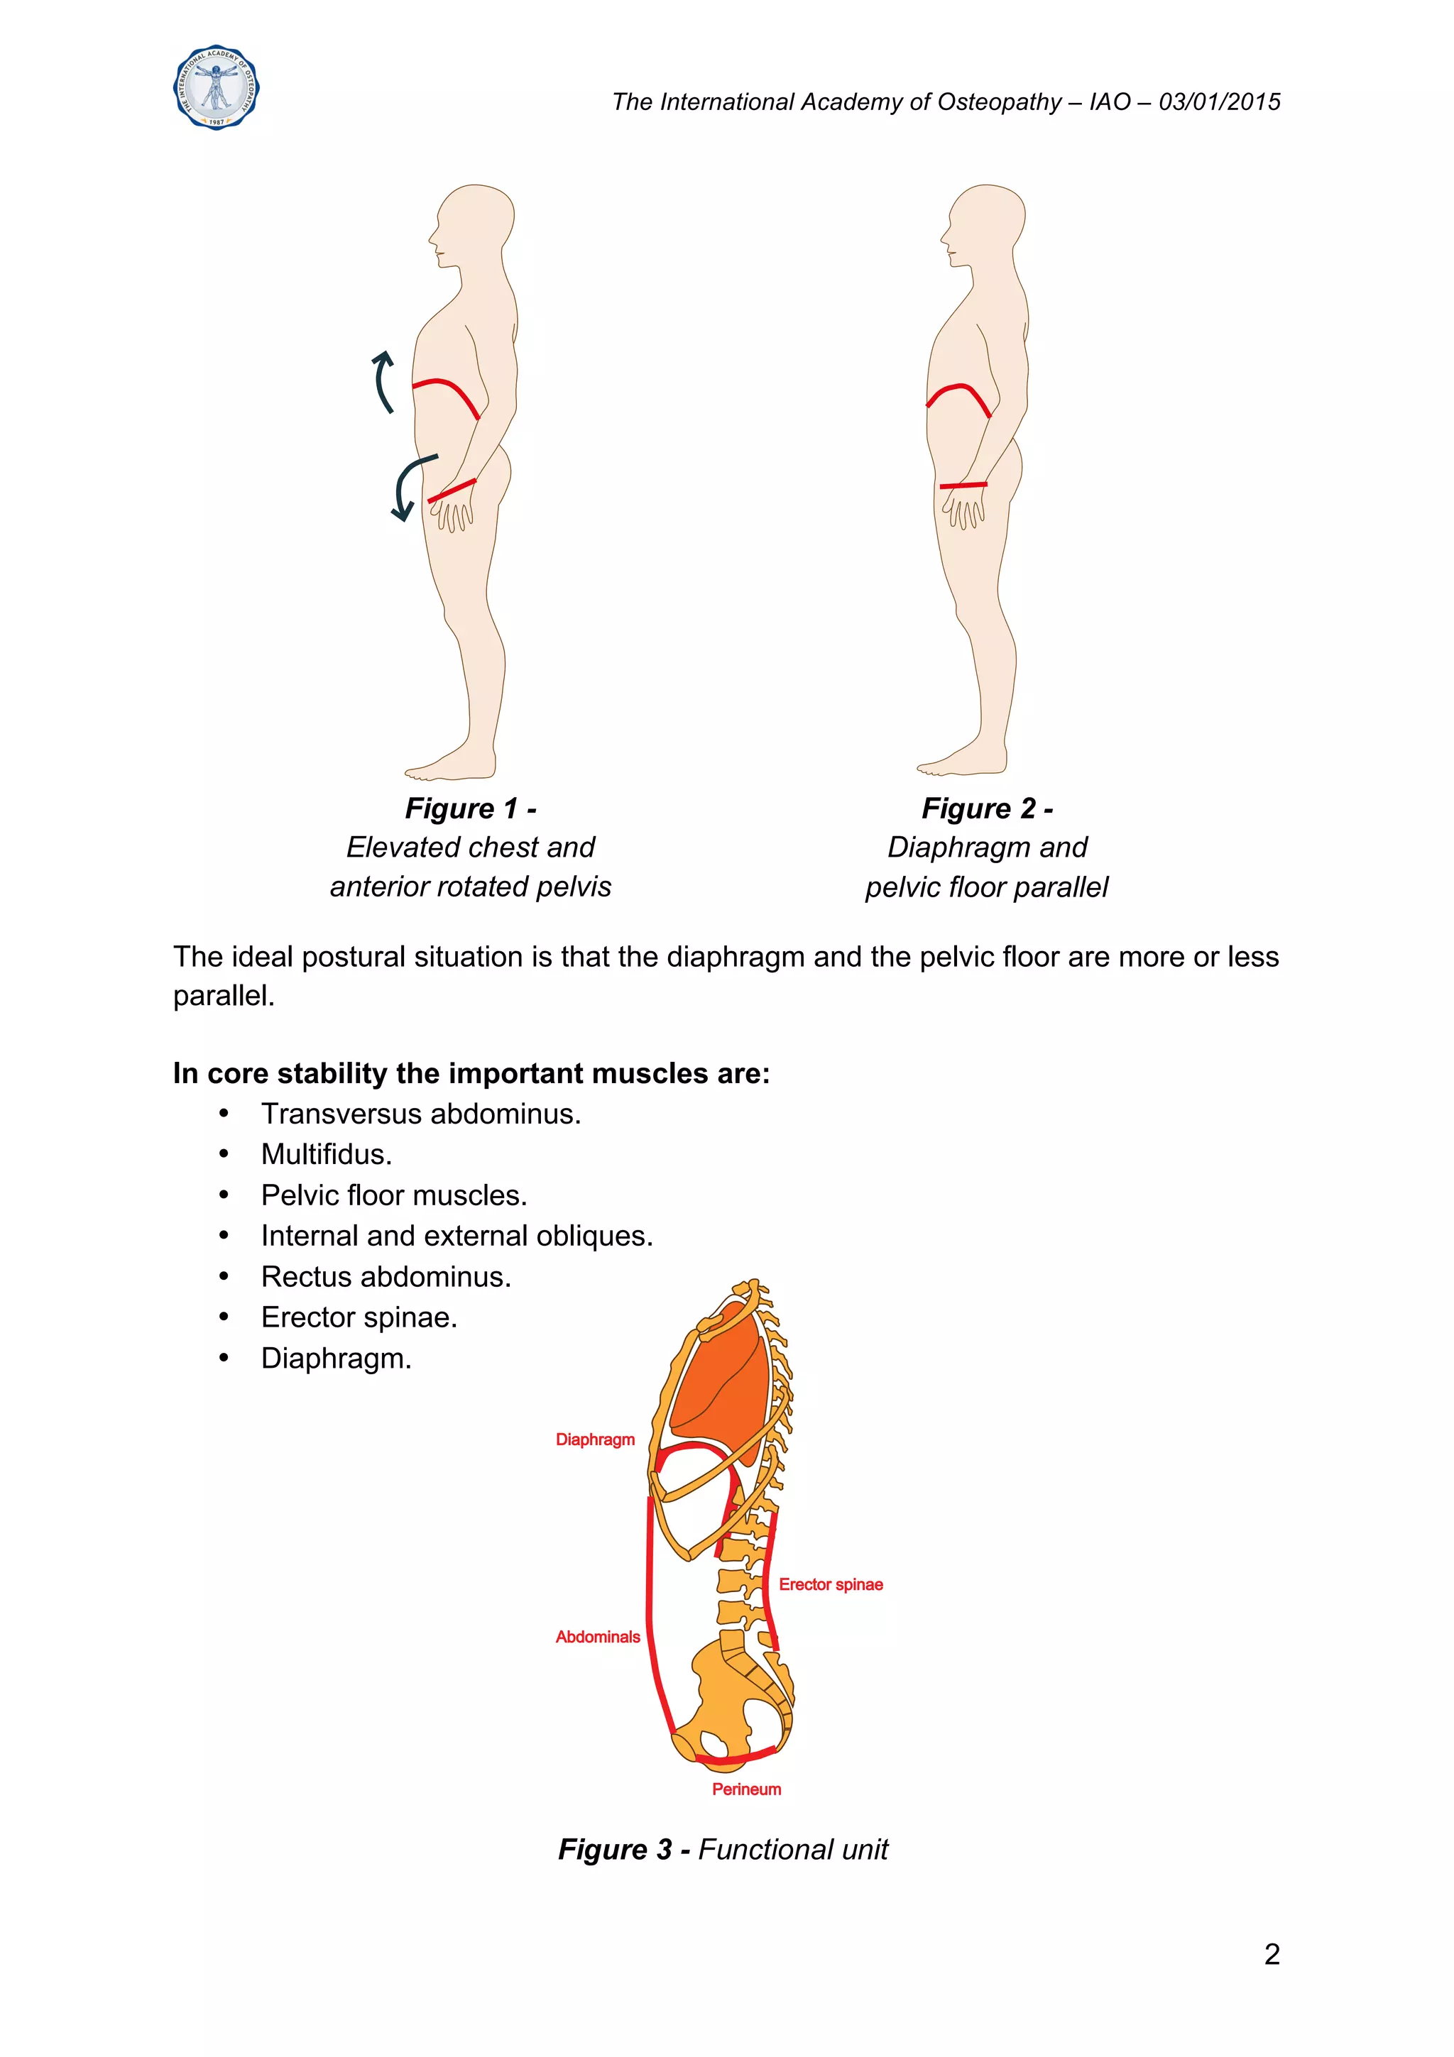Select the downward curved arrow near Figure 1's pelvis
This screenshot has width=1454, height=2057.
[x=408, y=485]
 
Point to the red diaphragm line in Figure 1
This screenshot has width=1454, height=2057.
[x=448, y=390]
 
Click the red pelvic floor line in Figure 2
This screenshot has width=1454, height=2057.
[x=963, y=486]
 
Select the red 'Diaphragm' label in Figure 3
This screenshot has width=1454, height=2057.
[x=595, y=1439]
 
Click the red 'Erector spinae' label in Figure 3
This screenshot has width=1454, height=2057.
[x=831, y=1584]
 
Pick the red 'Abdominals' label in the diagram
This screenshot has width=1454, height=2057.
[x=598, y=1636]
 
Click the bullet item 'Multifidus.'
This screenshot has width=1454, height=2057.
[x=326, y=1154]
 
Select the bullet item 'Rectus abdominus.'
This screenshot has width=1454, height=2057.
[x=386, y=1277]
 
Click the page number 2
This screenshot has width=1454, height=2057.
[x=1272, y=1954]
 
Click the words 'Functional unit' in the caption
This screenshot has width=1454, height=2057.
[x=793, y=1849]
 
